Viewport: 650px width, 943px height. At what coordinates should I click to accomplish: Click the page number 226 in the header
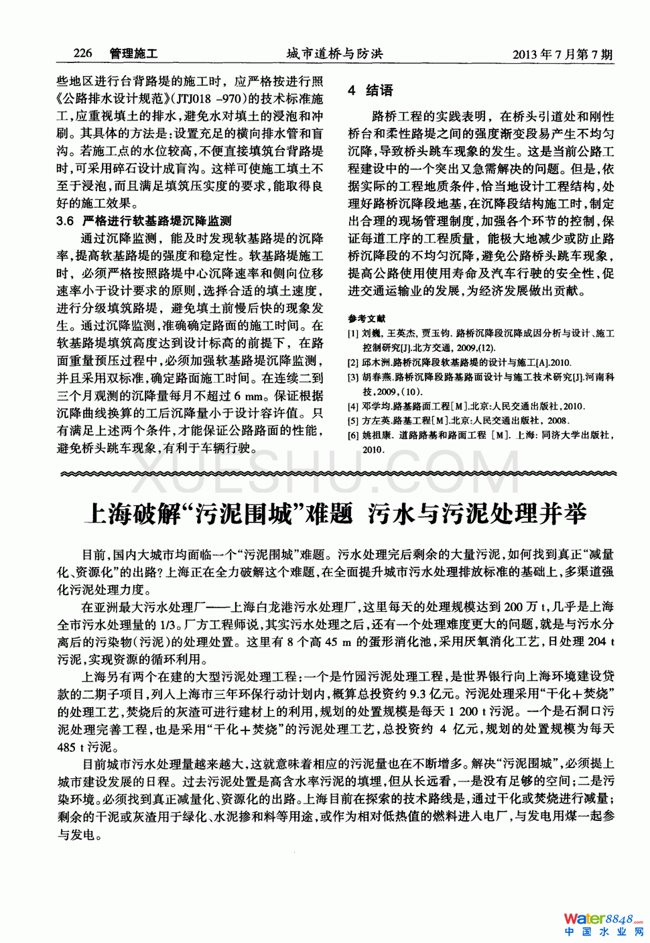pyautogui.click(x=82, y=53)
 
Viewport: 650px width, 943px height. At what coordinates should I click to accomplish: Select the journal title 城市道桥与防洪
pyautogui.click(x=334, y=54)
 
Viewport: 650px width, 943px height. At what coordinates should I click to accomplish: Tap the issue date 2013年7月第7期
pyautogui.click(x=562, y=54)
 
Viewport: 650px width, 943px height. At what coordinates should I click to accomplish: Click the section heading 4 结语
pyautogui.click(x=370, y=90)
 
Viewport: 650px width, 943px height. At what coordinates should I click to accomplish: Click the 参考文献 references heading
pyautogui.click(x=367, y=318)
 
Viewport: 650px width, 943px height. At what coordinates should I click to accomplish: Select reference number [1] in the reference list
pyautogui.click(x=353, y=333)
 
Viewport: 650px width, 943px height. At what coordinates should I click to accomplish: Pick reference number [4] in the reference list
pyautogui.click(x=353, y=406)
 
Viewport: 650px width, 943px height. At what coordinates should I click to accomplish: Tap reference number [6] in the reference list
pyautogui.click(x=353, y=436)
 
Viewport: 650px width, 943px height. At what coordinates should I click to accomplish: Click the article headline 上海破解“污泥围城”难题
pyautogui.click(x=218, y=514)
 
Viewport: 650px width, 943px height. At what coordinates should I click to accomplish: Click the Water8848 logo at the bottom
pyautogui.click(x=602, y=918)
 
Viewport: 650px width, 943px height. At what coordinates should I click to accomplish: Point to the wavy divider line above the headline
pyautogui.click(x=335, y=474)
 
